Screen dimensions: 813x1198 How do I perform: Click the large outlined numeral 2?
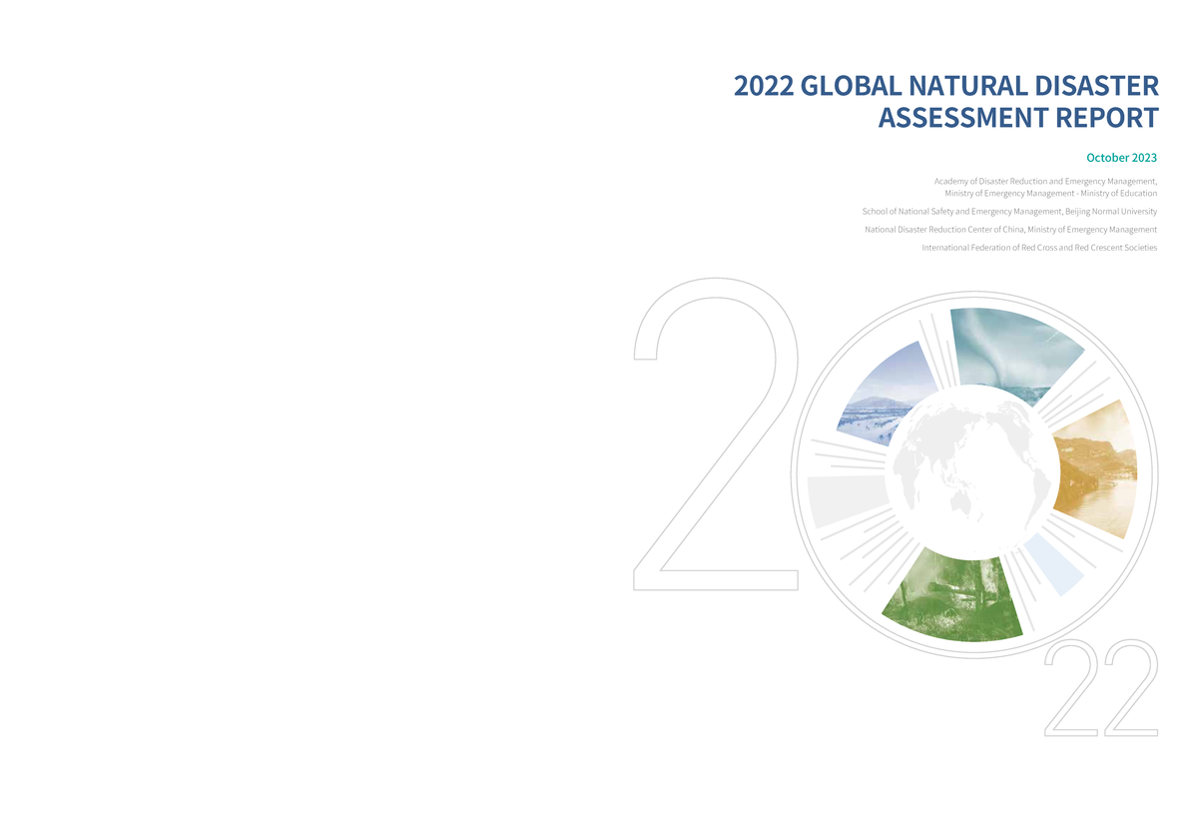(x=714, y=439)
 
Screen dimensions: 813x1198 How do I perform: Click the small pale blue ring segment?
(x=1053, y=564)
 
